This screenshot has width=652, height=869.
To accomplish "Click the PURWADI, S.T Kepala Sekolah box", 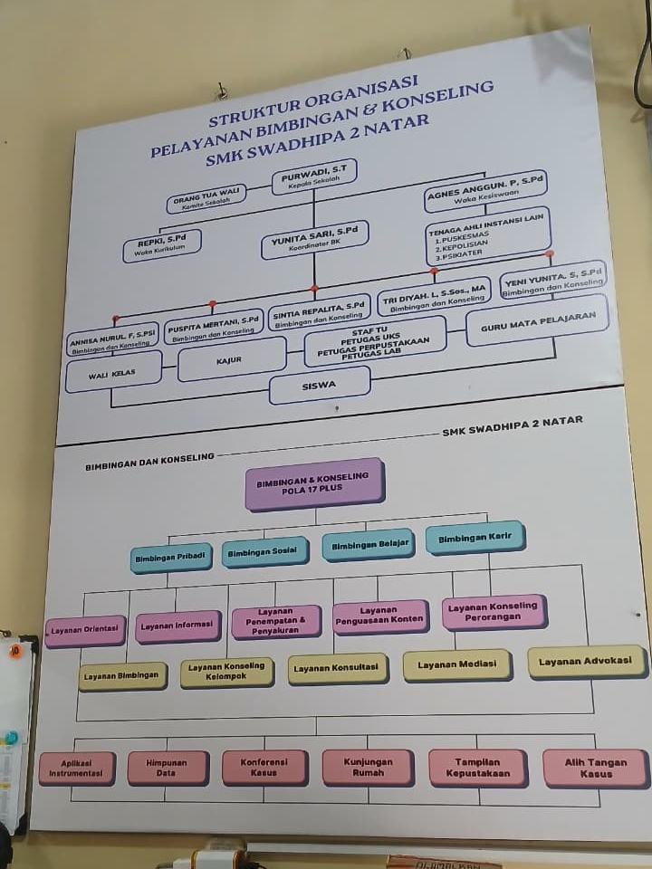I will tap(314, 177).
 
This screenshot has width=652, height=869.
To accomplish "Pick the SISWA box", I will tap(320, 385).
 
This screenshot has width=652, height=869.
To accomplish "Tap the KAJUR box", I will tap(231, 360).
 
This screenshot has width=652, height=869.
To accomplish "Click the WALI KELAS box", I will tap(113, 371).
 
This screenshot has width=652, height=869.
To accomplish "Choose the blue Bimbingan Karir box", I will tap(475, 539).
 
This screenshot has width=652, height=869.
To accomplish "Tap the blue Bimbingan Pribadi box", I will tap(171, 558).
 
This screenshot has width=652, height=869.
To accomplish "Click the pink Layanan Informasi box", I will tap(177, 625).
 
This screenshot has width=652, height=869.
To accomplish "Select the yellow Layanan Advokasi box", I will tap(586, 662).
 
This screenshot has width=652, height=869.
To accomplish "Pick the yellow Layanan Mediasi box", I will tap(457, 664).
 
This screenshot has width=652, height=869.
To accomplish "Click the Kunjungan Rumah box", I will tap(368, 768).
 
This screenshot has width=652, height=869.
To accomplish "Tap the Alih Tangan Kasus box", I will tap(595, 768).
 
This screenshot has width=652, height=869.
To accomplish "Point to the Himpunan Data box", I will tap(168, 769).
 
